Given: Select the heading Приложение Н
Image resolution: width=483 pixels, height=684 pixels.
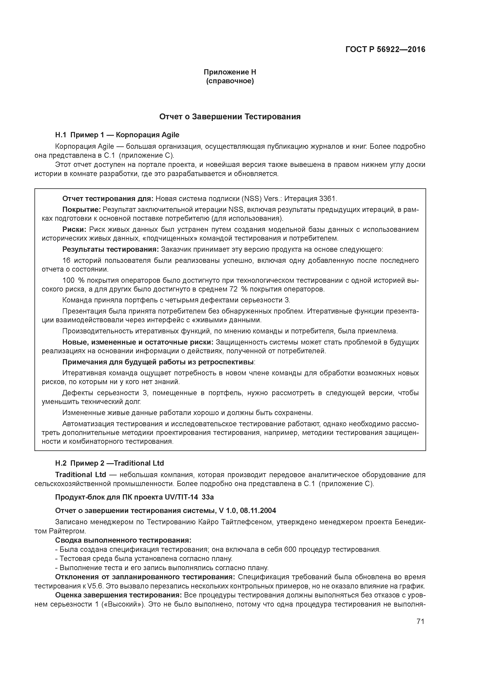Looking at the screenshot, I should [230, 72].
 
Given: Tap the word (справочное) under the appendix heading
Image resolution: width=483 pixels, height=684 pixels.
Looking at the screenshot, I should [230, 81].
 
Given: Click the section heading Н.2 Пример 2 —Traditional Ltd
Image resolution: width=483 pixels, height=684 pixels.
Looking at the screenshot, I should [109, 463].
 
